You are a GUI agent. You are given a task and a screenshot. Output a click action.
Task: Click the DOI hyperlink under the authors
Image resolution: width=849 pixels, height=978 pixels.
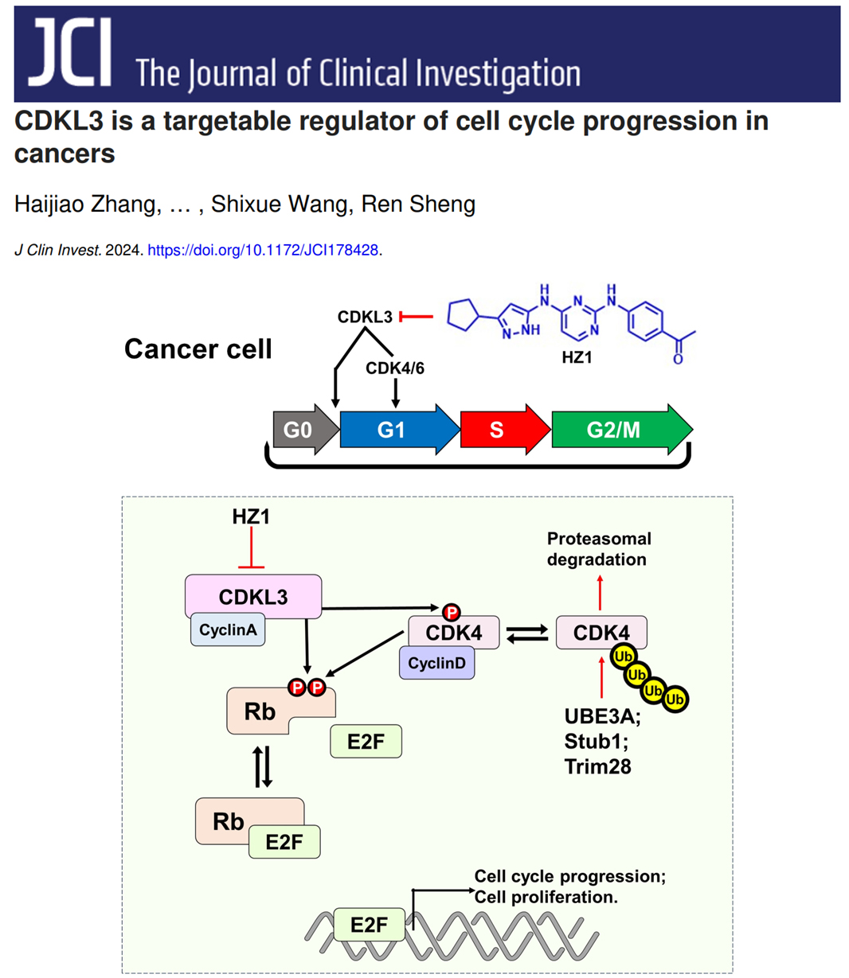(263, 250)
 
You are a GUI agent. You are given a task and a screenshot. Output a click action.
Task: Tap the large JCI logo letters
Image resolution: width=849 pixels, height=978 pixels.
(70, 53)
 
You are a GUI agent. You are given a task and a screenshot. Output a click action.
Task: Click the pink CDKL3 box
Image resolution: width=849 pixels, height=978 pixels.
(253, 596)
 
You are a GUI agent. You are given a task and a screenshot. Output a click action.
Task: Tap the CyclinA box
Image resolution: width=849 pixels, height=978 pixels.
(228, 630)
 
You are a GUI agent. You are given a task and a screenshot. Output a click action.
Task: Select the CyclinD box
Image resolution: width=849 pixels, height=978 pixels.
(436, 663)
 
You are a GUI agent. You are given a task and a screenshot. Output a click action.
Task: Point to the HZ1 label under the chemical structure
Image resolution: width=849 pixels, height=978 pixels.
(577, 358)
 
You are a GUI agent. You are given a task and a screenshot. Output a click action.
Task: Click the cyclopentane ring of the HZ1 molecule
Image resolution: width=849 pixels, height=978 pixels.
(462, 316)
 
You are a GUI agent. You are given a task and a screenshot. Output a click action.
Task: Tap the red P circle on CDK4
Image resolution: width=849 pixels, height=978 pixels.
(452, 612)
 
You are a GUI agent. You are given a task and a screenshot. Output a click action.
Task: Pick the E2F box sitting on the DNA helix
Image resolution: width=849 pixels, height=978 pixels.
(370, 925)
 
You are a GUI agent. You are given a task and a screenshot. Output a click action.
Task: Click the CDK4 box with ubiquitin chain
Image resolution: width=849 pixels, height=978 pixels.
(601, 633)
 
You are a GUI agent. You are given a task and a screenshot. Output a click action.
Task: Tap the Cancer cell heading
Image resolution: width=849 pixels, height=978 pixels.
(198, 349)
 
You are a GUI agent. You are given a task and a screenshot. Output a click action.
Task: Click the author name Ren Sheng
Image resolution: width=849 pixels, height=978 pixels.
(418, 205)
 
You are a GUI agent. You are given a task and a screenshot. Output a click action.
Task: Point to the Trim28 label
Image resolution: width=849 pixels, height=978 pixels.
(597, 766)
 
